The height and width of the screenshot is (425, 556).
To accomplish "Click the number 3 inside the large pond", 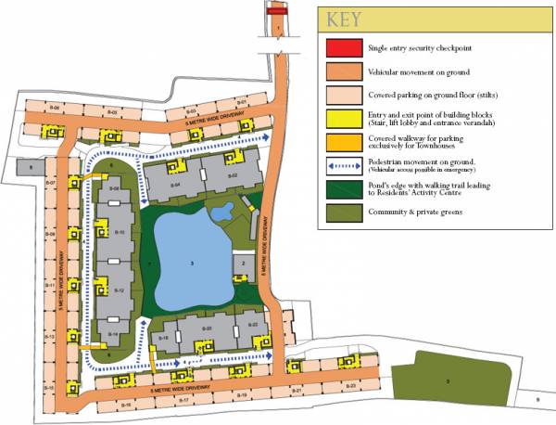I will click(192, 264).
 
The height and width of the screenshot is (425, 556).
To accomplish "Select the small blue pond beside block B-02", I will click(222, 213).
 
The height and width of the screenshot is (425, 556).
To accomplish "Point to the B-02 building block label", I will click(234, 175).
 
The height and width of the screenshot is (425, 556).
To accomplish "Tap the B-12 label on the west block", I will click(119, 290).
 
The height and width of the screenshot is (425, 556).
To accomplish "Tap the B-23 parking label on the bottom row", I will click(350, 384).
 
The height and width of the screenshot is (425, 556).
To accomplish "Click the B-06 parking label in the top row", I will click(56, 109).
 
